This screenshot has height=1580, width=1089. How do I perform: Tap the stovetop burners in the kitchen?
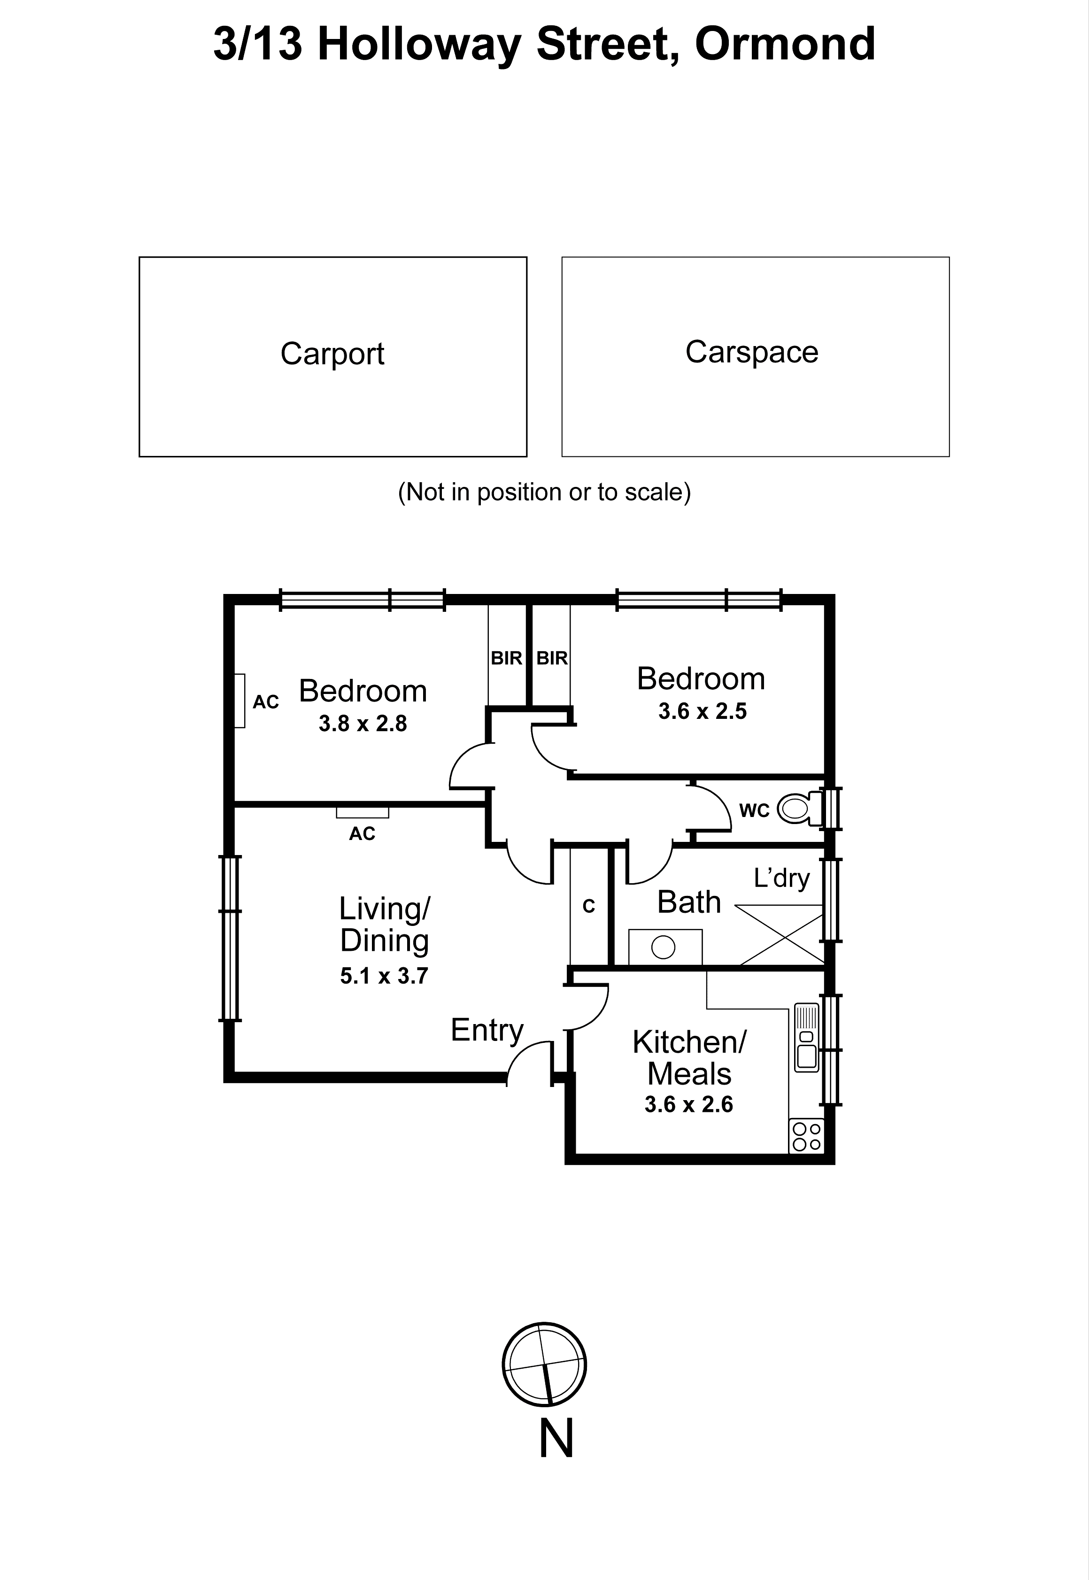pyautogui.click(x=806, y=1136)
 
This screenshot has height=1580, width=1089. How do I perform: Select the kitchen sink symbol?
pyautogui.click(x=806, y=1036)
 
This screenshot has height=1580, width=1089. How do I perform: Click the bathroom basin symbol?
pyautogui.click(x=664, y=947)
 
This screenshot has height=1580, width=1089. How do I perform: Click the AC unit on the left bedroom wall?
pyautogui.click(x=239, y=701)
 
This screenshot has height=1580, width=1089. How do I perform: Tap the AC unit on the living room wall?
pyautogui.click(x=363, y=812)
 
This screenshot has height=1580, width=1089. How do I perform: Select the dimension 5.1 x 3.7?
pyautogui.click(x=384, y=976)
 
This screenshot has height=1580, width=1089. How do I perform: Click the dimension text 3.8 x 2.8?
pyautogui.click(x=363, y=724)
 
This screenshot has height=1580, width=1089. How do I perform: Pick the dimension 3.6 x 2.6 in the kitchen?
pyautogui.click(x=688, y=1104)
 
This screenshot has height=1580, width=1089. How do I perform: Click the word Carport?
pyautogui.click(x=332, y=354)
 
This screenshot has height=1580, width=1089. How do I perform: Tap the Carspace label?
pyautogui.click(x=751, y=352)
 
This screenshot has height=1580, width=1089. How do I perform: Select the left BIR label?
pyautogui.click(x=506, y=658)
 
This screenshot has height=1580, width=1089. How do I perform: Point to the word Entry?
pyautogui.click(x=487, y=1030)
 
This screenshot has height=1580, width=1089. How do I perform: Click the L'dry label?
pyautogui.click(x=781, y=878)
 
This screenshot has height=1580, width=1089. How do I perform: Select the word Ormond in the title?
pyautogui.click(x=785, y=44)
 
